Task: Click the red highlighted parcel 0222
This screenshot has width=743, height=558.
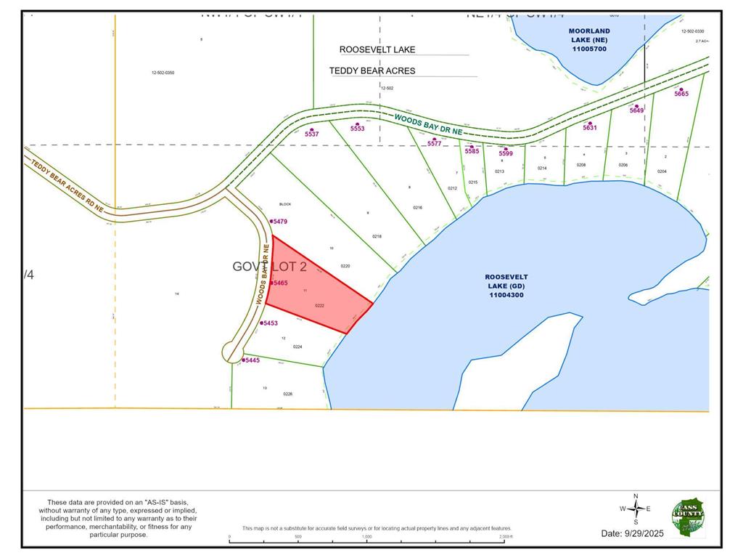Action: coord(312,291)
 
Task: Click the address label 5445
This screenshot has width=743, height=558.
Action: coord(251,360)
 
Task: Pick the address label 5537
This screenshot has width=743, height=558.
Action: coord(312,134)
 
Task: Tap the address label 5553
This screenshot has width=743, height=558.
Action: coord(357,128)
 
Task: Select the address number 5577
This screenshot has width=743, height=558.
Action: coord(434,143)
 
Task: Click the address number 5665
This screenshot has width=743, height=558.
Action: coord(681,94)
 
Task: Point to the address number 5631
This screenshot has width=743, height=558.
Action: coord(589,127)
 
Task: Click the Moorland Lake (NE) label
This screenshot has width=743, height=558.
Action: coord(589,40)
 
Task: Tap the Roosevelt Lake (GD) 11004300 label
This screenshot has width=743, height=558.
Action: coord(507,286)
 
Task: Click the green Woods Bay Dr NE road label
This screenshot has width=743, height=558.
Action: coord(428,124)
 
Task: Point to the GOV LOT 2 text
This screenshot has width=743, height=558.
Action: coord(269,267)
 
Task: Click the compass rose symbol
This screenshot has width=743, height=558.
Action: coord(636,509)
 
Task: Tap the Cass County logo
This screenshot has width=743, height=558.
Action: coord(687,517)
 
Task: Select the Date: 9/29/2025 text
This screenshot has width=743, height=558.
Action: coord(633,533)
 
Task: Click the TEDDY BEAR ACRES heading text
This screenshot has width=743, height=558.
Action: coord(372,70)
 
